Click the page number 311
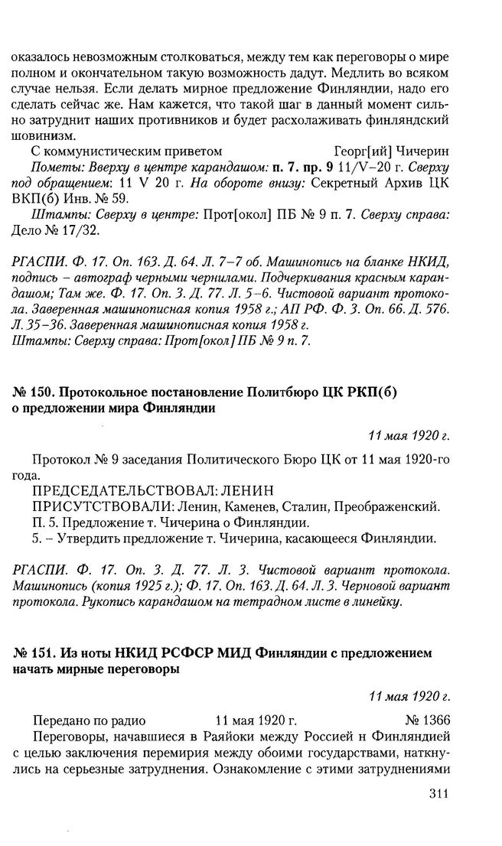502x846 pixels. tap(433, 792)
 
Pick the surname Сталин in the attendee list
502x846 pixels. tap(306, 506)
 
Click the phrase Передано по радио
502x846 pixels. tap(90, 720)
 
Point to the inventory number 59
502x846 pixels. tap(119, 197)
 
